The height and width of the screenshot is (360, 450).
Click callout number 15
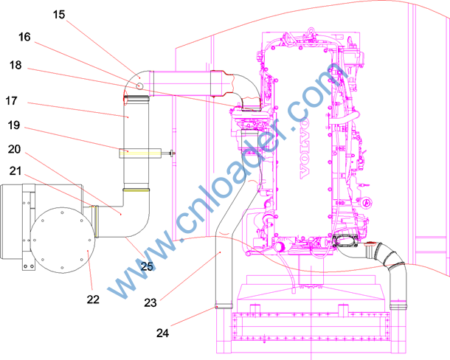pos(59,15)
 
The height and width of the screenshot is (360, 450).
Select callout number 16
pos(24,37)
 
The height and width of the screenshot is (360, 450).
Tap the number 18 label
pos(15,65)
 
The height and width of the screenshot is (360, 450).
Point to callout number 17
pos(12,101)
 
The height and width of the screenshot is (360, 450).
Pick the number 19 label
pos(14,125)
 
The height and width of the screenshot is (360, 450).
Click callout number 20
pos(14,149)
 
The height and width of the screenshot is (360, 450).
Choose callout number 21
pos(15,171)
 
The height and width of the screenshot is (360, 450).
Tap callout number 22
pos(93,300)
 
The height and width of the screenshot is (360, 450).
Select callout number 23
pos(150,302)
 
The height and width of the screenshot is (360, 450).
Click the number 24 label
pos(163,333)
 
